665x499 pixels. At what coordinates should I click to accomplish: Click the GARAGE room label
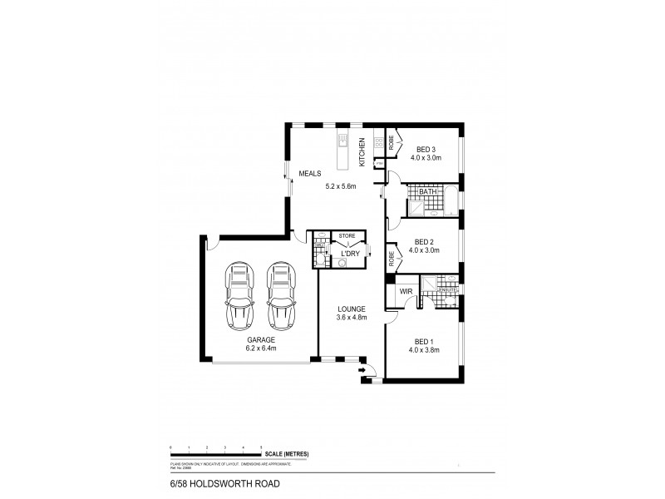(260, 339)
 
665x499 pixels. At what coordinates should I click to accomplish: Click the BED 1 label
(424, 340)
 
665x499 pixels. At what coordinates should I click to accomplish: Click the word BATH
(428, 192)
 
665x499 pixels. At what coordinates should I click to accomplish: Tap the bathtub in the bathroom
(451, 200)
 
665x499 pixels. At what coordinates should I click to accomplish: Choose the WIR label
(406, 292)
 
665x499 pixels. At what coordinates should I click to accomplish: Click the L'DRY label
(350, 253)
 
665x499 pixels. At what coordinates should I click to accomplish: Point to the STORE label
(347, 236)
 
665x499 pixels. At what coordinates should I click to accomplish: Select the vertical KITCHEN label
(362, 151)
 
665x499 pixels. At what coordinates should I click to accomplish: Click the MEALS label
(310, 173)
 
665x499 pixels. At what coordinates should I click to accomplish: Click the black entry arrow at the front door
(362, 370)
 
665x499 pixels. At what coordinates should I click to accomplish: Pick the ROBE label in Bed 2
(391, 259)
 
